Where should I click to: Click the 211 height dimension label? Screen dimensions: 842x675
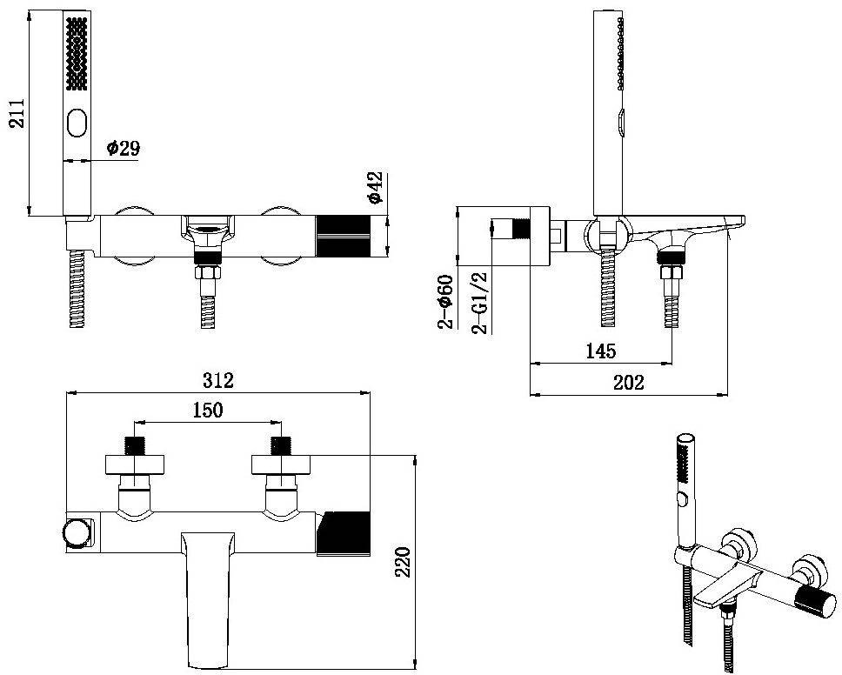pos(17,113)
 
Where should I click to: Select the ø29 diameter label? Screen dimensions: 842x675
pos(124,147)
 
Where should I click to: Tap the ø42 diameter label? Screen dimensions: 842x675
pos(376,187)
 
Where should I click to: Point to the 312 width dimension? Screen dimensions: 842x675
pos(218,380)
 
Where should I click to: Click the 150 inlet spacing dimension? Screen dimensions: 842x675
pos(207,410)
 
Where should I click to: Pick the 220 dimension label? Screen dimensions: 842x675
pos(403,562)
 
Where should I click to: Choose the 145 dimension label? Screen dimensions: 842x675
pos(601,351)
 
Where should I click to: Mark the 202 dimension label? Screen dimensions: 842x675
pos(628,383)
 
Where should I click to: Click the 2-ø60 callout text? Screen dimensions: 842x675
pos(445,301)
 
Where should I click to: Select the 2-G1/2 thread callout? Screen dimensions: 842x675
pos(479,303)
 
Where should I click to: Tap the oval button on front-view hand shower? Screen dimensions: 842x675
pos(77,123)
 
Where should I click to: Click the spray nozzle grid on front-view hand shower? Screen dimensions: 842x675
pos(77,53)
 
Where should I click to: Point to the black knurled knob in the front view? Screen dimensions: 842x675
pos(343,237)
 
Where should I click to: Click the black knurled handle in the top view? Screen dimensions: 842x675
pos(343,533)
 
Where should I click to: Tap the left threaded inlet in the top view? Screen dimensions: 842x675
pos(135,445)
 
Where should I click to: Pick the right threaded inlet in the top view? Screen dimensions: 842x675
pos(281,445)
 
